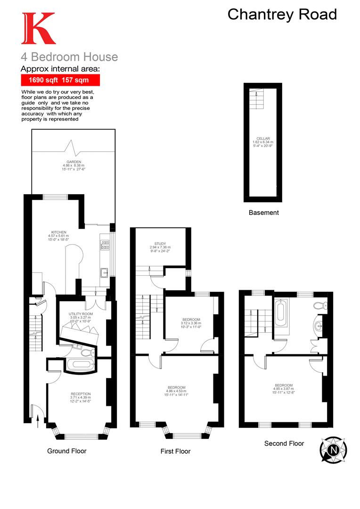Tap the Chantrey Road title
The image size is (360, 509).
pos(282,14)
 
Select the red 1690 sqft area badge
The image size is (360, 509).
pos(60,81)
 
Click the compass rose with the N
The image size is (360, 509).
pos(334,449)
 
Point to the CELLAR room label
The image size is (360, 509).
pos(263,139)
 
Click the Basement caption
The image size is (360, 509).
pos(263,213)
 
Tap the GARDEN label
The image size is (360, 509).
pos(74,162)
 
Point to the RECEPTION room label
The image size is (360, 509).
pos(81,394)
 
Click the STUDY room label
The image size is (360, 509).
pos(160,244)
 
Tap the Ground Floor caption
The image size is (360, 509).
pos(66,451)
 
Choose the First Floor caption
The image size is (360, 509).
pos(175,452)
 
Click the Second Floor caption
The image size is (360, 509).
pos(284,443)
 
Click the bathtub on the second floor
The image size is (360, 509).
pos(280,315)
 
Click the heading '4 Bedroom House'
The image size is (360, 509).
pos(69,57)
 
